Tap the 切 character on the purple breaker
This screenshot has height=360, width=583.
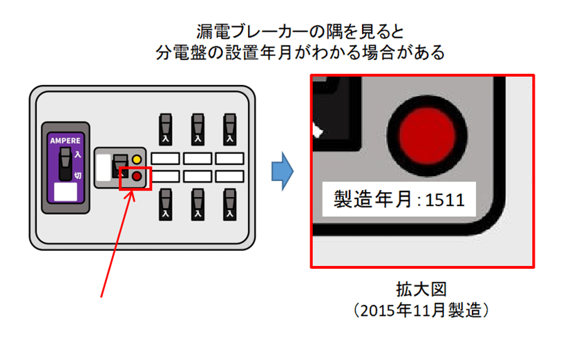[x=78, y=175]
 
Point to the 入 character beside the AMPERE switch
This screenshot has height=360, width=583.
[x=78, y=155]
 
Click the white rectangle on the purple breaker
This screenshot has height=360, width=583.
[x=65, y=191]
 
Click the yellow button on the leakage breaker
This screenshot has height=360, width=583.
[x=137, y=160]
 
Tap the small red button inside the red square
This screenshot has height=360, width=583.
[x=137, y=177]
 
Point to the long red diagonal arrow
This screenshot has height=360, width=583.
[x=116, y=243]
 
